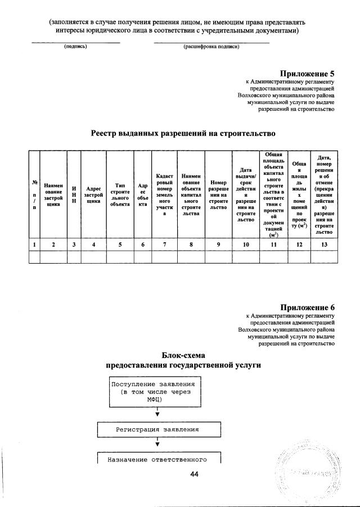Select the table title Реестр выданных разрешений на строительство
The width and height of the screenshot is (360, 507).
click(183, 133)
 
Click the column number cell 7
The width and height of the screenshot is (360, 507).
click(165, 245)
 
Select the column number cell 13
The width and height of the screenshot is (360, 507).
click(323, 245)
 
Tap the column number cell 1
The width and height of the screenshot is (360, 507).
click(35, 245)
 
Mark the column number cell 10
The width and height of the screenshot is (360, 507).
click(245, 245)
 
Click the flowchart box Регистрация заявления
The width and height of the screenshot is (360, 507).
click(157, 430)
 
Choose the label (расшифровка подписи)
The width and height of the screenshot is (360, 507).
click(211, 47)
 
